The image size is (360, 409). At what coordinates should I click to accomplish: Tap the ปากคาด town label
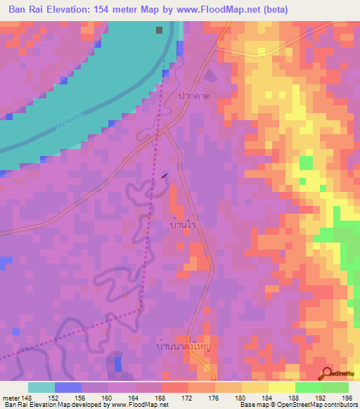pos(195,95)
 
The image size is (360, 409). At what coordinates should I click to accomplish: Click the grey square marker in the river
pos(160,30)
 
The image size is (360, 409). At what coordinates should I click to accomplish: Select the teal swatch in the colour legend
pos(41,387)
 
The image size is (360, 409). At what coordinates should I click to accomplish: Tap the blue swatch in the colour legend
pos(68,387)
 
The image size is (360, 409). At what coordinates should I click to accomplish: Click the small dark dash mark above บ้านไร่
pos(165,175)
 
